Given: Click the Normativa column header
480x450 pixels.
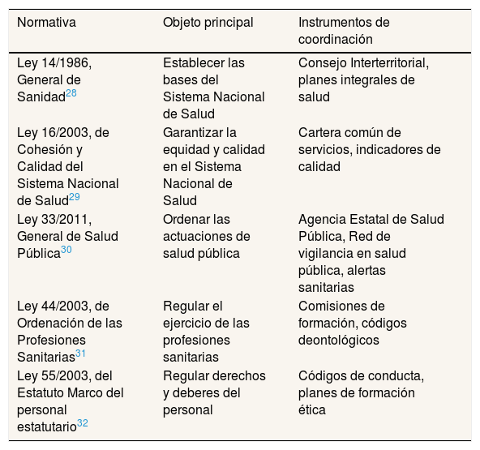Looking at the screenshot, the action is click(x=46, y=23).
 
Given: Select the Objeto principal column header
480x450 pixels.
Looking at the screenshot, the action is click(x=208, y=23).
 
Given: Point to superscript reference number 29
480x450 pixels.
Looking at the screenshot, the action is click(x=75, y=196).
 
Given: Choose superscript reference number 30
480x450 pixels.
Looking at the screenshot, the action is click(x=66, y=250).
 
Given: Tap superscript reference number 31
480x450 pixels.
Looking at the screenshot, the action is click(x=80, y=353).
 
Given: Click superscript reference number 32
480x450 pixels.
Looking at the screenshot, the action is click(x=82, y=422).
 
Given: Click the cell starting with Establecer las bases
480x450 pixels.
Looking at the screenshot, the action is click(x=213, y=88).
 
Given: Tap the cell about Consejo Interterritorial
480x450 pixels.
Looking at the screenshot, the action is click(x=362, y=79).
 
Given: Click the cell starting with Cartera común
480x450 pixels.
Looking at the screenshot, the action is click(x=369, y=149).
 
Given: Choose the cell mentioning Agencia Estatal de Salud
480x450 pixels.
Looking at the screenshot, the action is click(x=371, y=253).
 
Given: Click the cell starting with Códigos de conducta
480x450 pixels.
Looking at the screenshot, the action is click(x=361, y=392).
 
